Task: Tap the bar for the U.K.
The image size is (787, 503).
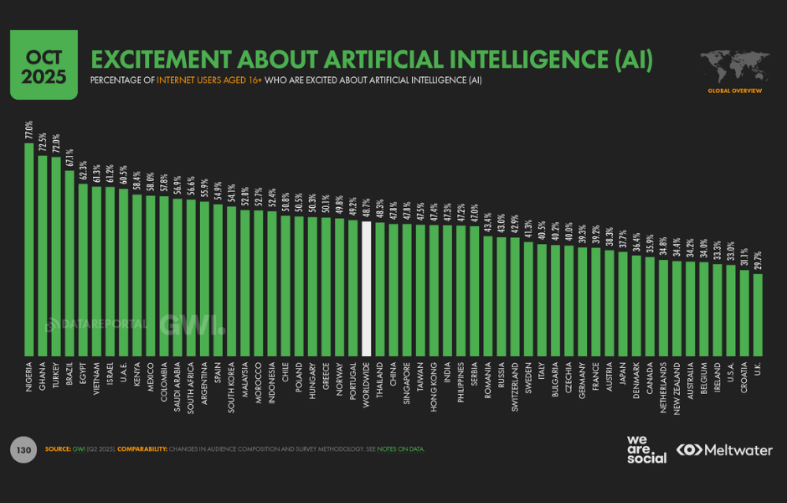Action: (758, 314)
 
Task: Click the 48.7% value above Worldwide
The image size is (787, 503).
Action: (366, 209)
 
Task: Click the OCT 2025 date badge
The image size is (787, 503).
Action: (44, 65)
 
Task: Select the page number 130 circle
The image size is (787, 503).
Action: (23, 449)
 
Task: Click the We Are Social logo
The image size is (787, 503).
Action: (647, 449)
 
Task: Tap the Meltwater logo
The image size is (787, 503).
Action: (725, 450)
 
